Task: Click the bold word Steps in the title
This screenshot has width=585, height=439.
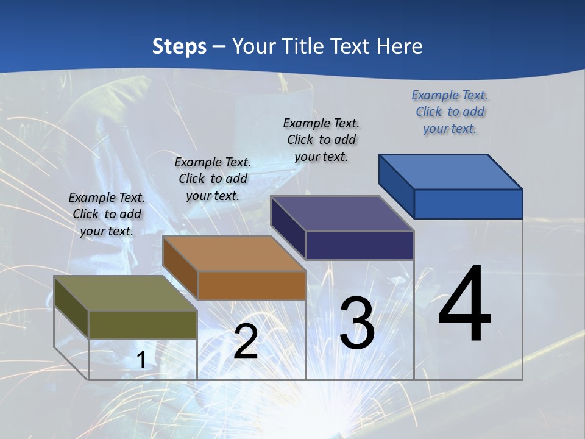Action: (x=179, y=46)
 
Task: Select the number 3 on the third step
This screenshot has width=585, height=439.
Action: (x=357, y=323)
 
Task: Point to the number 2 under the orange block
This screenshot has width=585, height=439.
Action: (x=246, y=341)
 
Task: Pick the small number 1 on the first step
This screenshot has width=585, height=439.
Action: (x=141, y=360)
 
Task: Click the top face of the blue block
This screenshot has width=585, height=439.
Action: (x=450, y=172)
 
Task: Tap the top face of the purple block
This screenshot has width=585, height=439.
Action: (x=342, y=213)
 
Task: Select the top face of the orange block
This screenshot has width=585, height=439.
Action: (x=233, y=254)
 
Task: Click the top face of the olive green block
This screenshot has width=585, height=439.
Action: (x=125, y=293)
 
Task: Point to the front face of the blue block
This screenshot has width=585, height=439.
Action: (x=468, y=204)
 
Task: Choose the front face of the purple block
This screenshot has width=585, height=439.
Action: (x=360, y=245)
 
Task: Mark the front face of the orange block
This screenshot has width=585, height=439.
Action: (x=252, y=285)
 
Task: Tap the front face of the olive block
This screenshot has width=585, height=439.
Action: (x=143, y=324)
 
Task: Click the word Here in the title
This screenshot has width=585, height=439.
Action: (x=399, y=46)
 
